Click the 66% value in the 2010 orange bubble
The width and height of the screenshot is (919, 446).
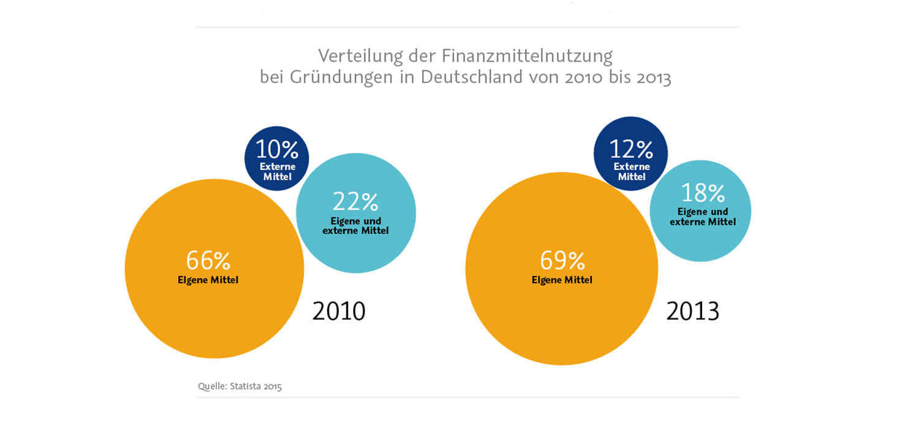click(208, 261)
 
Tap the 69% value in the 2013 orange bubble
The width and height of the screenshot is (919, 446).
click(562, 261)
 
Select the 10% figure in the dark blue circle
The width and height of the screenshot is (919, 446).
click(277, 149)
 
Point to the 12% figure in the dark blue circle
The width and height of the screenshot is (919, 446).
click(631, 149)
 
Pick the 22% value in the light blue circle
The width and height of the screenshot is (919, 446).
click(355, 201)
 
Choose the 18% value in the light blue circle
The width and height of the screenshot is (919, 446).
click(703, 193)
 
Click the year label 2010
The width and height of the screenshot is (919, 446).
click(339, 311)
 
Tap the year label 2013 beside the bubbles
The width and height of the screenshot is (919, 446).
click(693, 311)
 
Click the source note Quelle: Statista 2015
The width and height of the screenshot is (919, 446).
click(240, 386)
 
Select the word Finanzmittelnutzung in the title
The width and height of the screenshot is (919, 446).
click(527, 56)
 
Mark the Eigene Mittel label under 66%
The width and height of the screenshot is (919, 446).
click(208, 280)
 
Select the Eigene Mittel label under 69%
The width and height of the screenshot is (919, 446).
click(562, 280)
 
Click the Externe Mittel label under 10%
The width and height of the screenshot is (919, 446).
click(277, 172)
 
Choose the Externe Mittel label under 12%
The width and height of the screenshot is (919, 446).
click(632, 172)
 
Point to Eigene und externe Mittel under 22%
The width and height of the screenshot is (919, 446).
click(355, 226)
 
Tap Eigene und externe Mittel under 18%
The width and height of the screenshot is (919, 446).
click(703, 217)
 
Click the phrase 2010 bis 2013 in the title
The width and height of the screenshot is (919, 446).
click(616, 78)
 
